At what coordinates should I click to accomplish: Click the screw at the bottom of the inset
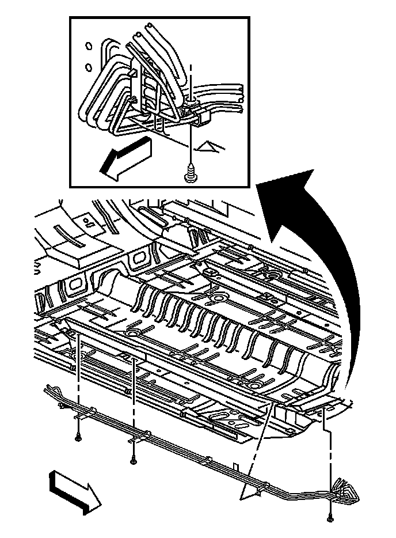tap(190, 173)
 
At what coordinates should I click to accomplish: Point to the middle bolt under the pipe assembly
tap(133, 459)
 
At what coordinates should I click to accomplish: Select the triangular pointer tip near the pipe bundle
tap(250, 490)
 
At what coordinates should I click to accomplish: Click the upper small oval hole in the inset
tap(88, 46)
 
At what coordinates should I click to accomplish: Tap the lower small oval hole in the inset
tap(88, 67)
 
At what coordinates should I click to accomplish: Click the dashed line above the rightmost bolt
tap(330, 461)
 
